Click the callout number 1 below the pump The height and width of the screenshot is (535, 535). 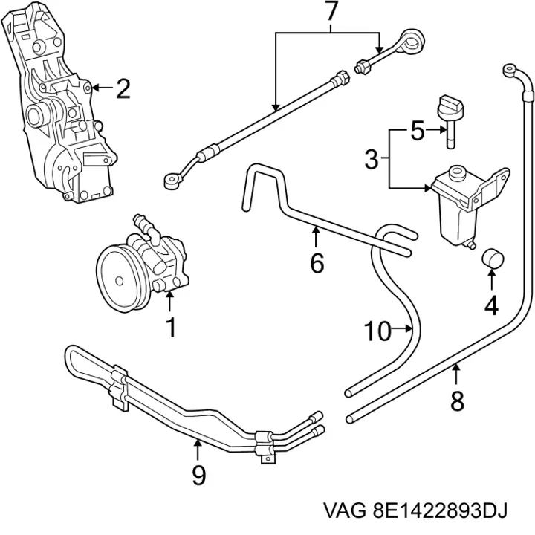point(172,327)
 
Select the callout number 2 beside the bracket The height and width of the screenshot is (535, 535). point(123,88)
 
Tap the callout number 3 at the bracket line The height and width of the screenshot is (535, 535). point(372,159)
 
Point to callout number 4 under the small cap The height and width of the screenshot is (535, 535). point(491,305)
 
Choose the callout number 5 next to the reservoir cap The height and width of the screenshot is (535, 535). point(418,130)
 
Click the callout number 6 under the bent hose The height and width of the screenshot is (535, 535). point(317,263)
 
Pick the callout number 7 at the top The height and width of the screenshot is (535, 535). point(330,11)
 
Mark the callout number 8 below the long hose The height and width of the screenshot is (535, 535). point(457,401)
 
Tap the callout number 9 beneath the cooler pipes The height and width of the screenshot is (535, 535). point(199,475)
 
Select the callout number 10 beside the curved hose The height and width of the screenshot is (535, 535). point(377,330)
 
